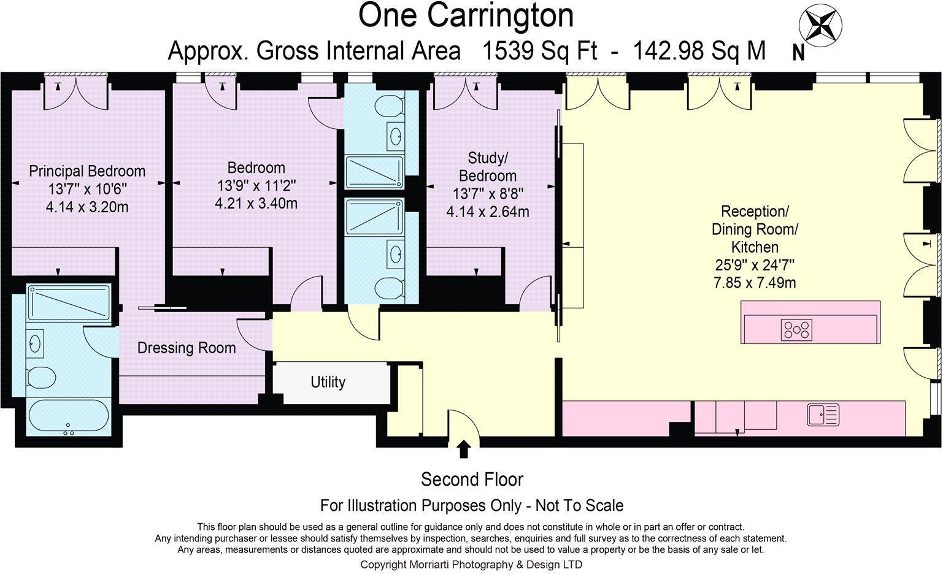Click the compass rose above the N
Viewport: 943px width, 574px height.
820,26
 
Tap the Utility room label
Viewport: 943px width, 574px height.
328,382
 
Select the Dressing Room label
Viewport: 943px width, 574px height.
187,348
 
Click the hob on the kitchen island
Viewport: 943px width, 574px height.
796,329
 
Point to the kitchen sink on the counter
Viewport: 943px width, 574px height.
823,415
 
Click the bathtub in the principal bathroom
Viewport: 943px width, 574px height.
69,416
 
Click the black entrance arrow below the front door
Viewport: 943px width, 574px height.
463,449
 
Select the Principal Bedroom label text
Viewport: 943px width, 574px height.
87,171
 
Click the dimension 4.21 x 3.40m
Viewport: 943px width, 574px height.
256,204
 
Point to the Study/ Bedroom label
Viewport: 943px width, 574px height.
488,167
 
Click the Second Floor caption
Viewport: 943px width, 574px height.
472,480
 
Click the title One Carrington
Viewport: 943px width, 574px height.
466,15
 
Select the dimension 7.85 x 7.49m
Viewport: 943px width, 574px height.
755,283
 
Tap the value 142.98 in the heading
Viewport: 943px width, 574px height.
669,51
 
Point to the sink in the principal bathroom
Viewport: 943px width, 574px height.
34,343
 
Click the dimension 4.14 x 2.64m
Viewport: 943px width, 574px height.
488,212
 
